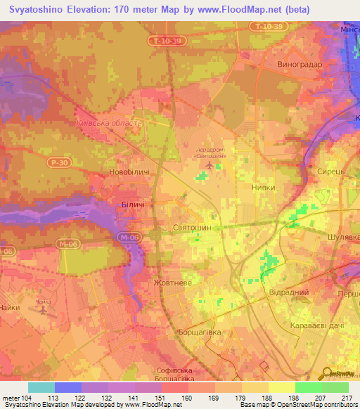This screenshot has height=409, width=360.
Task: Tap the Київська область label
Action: tap(108, 122)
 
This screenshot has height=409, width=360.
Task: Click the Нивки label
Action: tap(263, 188)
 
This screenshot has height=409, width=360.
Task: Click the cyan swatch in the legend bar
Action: tap(41, 387)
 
